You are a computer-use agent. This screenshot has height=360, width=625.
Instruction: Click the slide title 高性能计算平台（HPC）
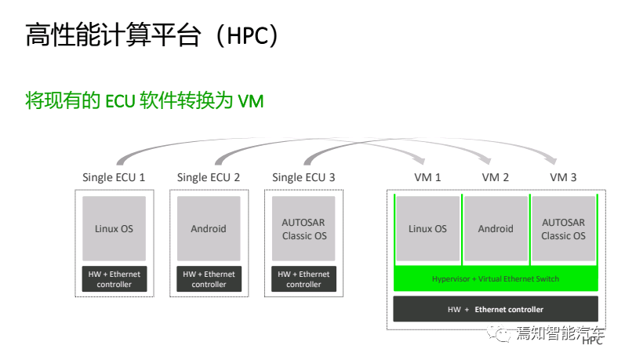click(152, 35)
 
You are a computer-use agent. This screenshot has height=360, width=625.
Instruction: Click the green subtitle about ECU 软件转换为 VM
click(144, 101)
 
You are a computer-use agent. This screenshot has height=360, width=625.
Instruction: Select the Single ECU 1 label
click(114, 177)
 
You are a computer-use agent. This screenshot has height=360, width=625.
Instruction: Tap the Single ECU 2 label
click(209, 177)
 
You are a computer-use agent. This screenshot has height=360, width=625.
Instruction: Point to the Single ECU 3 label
click(303, 177)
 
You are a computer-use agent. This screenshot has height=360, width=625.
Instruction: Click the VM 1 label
click(427, 177)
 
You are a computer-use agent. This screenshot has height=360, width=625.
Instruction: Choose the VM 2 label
click(496, 177)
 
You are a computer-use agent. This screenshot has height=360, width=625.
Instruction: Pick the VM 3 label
click(563, 177)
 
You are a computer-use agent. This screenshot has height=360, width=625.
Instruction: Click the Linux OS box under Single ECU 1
click(114, 228)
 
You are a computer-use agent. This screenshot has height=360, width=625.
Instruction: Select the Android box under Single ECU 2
click(209, 228)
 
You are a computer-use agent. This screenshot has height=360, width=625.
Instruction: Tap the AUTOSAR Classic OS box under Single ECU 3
click(303, 228)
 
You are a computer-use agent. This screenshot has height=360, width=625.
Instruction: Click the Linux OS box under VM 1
click(427, 228)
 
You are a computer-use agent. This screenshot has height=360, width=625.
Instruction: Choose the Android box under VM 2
click(496, 228)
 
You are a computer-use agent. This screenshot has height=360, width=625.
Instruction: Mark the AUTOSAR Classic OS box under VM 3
click(563, 228)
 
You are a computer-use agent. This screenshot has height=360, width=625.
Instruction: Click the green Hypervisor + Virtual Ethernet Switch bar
click(496, 279)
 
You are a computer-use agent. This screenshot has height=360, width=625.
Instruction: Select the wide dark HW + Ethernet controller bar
click(496, 309)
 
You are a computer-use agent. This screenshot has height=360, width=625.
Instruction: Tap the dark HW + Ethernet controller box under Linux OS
click(114, 279)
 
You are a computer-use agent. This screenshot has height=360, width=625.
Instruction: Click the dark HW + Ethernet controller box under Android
click(209, 279)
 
